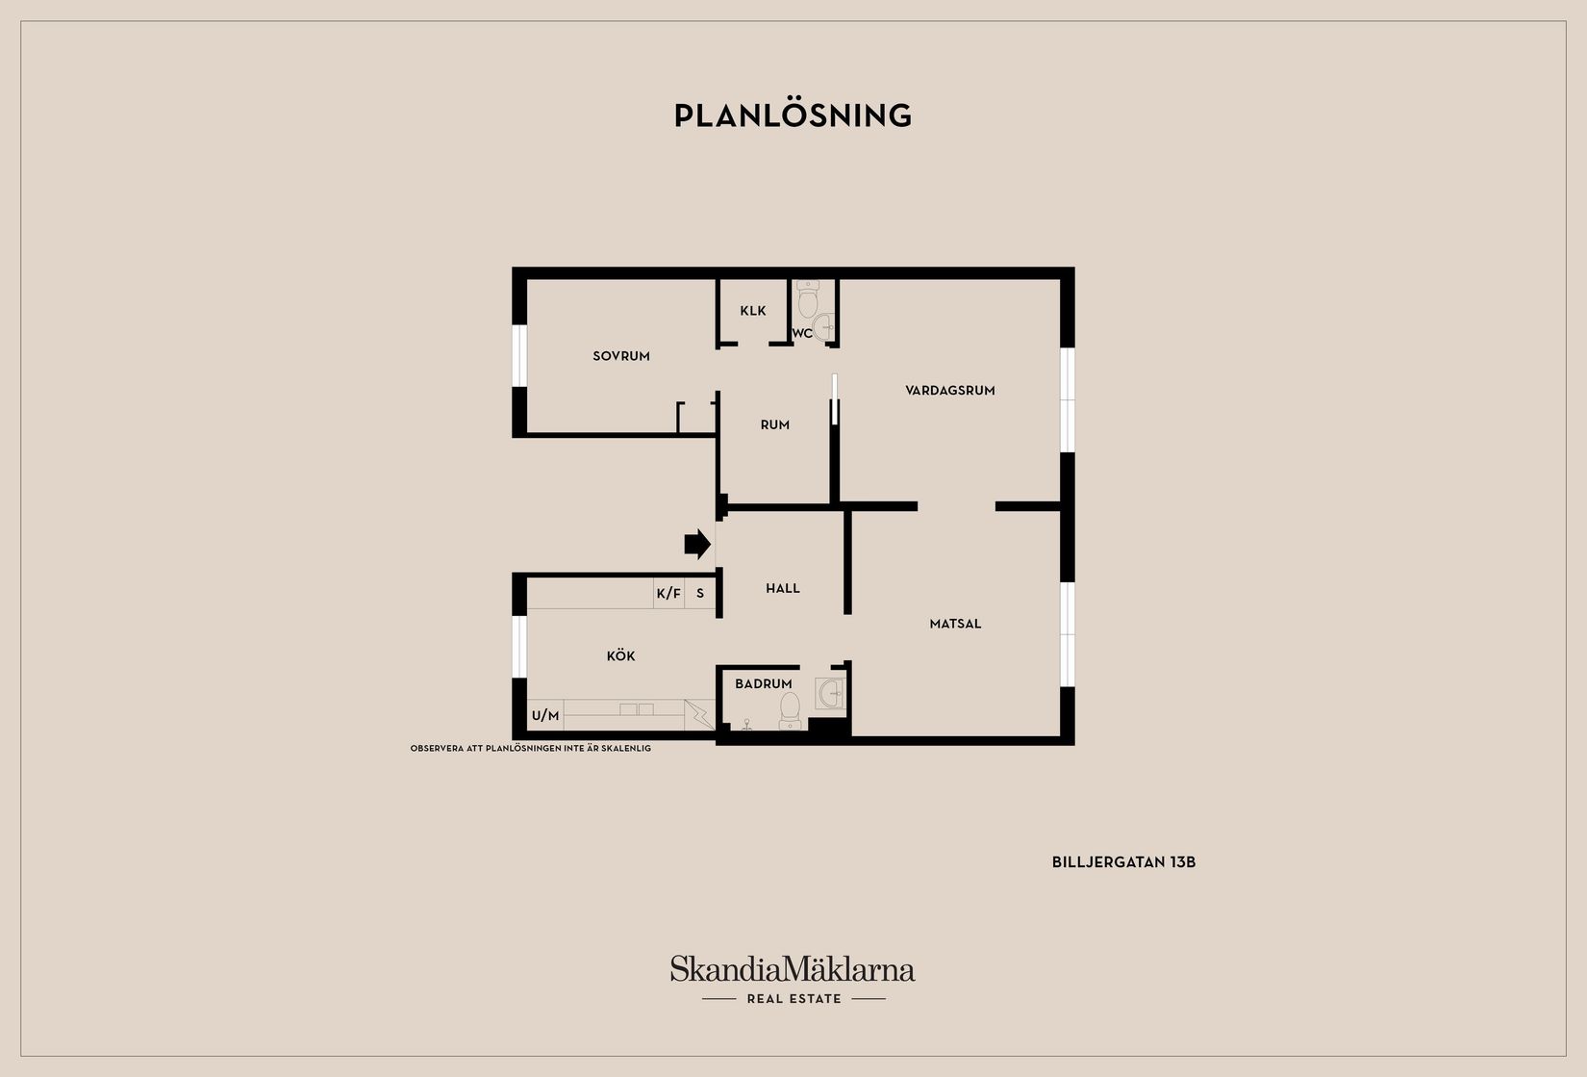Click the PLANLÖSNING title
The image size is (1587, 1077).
(793, 115)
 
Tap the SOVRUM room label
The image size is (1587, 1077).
(621, 356)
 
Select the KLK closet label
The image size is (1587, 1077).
(753, 311)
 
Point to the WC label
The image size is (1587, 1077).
(802, 334)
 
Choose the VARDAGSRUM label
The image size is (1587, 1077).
(949, 390)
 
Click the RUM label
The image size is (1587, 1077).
(775, 424)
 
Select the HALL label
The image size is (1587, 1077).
(783, 588)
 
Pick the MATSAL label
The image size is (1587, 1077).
(955, 624)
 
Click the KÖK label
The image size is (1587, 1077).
(620, 655)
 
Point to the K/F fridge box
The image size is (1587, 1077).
(668, 594)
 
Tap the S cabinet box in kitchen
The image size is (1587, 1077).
(700, 594)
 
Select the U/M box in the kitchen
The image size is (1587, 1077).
(545, 715)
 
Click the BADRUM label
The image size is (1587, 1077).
(764, 683)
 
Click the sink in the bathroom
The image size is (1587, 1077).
(830, 693)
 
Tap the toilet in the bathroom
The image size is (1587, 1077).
(791, 709)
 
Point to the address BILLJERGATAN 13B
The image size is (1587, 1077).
(1123, 862)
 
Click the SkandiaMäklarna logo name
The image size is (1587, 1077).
(793, 968)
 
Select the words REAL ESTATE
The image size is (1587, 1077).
(793, 999)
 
